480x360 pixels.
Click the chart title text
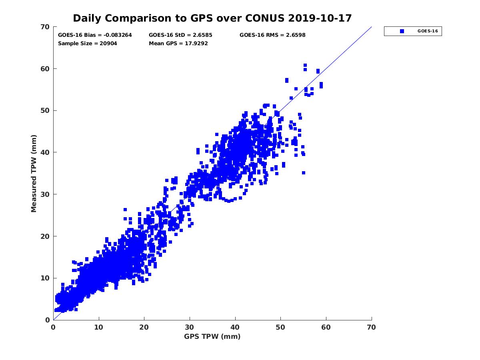tap(212, 18)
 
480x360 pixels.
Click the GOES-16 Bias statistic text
tap(95, 35)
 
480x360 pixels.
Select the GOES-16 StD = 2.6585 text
tap(178, 35)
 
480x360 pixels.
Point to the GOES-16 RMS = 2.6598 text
tap(272, 35)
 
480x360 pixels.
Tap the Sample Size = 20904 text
tap(88, 43)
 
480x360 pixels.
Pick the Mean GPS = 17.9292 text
tap(178, 43)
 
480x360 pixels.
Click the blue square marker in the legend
tap(402, 31)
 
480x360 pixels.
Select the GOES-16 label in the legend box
tap(427, 31)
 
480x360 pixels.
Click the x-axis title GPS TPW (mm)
tap(212, 336)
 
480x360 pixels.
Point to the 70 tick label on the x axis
tap(372, 327)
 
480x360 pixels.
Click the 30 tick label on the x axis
tap(190, 327)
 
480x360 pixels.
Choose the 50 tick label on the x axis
tap(281, 327)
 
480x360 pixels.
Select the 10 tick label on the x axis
tap(99, 327)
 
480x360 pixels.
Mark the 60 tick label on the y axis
tap(45, 69)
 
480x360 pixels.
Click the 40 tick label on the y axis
tap(45, 152)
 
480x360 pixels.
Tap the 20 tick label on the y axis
tap(45, 236)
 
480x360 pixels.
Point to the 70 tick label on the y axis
tap(45, 27)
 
